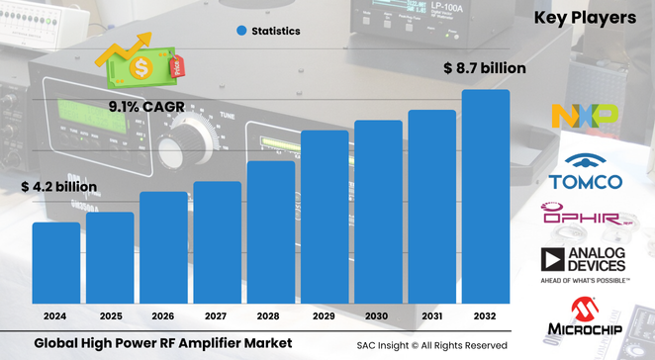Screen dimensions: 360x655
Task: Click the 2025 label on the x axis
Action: (110, 316)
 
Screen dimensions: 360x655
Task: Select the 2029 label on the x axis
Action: (325, 316)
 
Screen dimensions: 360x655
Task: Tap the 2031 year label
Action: (432, 316)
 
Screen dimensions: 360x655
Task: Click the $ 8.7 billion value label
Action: (484, 68)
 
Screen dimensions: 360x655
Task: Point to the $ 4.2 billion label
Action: (59, 186)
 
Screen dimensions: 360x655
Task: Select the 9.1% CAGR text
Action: (145, 105)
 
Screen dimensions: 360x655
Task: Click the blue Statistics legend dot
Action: (240, 31)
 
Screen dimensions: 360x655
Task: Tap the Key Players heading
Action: (585, 17)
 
